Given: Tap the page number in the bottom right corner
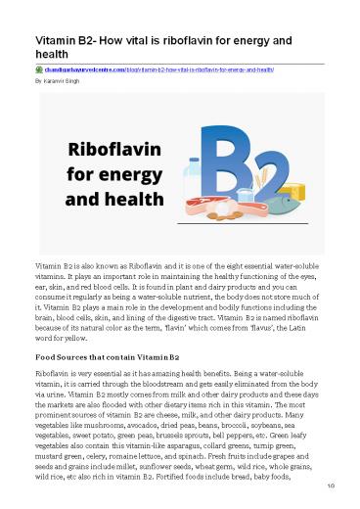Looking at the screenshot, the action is (x=333, y=496).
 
